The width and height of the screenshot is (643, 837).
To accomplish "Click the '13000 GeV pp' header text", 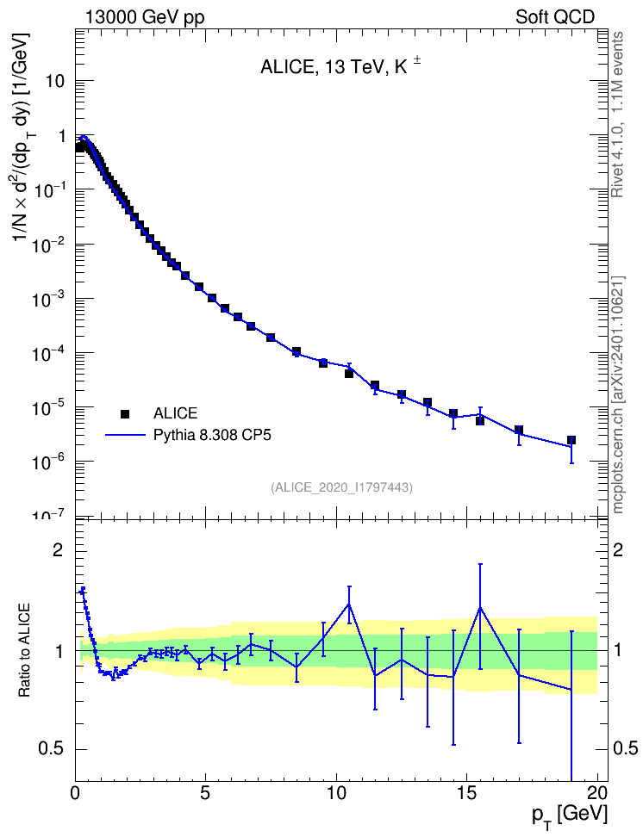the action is click(x=144, y=17).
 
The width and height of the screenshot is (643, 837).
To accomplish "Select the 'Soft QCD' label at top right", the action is click(x=555, y=17).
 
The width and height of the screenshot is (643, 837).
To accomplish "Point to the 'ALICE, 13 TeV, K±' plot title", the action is click(x=340, y=66).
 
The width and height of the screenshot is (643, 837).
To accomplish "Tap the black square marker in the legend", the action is click(x=125, y=413).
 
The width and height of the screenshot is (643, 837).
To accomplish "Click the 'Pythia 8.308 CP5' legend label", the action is click(x=212, y=435).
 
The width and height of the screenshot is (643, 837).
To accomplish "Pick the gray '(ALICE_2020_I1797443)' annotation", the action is click(x=341, y=487).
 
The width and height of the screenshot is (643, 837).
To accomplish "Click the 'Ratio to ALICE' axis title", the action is click(x=24, y=650).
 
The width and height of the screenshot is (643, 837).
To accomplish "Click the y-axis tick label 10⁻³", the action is click(x=50, y=298).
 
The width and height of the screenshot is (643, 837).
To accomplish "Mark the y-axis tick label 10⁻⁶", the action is click(x=50, y=462).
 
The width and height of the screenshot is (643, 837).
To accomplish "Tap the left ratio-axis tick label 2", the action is click(x=58, y=551).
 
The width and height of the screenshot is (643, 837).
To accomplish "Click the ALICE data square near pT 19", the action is click(x=571, y=440).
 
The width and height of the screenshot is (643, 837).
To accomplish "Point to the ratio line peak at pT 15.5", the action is click(x=480, y=607).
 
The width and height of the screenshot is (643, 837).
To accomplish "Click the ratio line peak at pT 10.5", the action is click(x=350, y=604).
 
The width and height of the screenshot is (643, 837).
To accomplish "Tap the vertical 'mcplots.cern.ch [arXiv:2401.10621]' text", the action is click(x=618, y=395).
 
